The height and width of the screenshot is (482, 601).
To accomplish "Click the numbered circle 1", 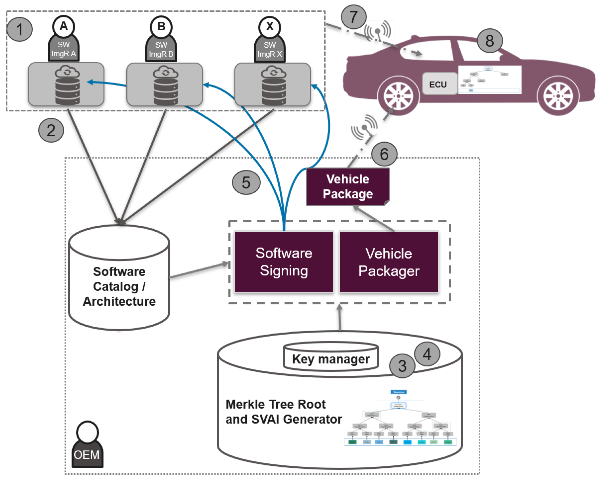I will coord(19,29).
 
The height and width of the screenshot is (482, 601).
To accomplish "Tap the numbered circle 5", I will coord(246,182).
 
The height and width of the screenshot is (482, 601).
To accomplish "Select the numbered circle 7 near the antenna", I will coord(353,17).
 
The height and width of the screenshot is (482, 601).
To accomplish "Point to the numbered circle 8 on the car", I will coord(490,41).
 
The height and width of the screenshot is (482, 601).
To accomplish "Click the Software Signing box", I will coord(284,262).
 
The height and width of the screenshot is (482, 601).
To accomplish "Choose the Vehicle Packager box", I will coord(389,262).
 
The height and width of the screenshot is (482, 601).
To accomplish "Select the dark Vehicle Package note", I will coord(347,187).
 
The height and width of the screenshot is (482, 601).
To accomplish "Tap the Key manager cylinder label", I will coord(331,359).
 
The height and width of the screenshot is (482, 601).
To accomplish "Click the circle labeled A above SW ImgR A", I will coord(64,26).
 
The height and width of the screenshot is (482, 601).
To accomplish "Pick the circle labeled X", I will coord(269,27).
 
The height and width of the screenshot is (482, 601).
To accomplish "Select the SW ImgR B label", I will coord(161,50).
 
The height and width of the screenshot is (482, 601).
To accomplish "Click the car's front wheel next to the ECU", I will coord(398,96).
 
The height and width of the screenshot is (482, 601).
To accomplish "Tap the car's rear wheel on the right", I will coord(558,96).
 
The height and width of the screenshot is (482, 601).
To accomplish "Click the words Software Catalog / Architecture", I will coord(119,286).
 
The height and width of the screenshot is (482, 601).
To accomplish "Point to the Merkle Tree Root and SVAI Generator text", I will coord(284,412).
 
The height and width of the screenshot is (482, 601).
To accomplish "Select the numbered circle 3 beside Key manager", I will coord(402,366).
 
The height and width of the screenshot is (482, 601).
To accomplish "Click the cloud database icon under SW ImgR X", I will coord(273,85).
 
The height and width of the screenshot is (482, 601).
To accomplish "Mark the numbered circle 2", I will coord(51,130).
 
